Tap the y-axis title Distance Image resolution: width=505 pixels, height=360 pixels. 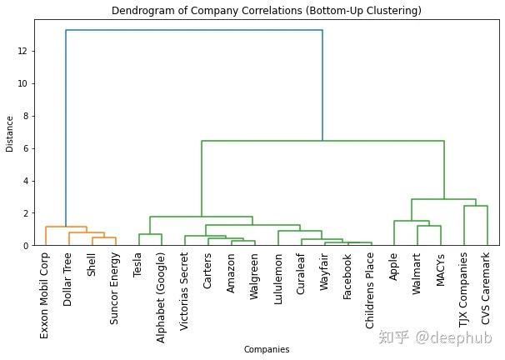[9, 133]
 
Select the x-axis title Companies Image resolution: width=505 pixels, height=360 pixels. [266, 350]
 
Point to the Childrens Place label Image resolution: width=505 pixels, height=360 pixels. [370, 291]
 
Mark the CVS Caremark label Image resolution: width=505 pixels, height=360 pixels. [487, 291]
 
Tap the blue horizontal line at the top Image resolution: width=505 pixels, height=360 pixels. [194, 31]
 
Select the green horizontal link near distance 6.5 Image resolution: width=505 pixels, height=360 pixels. [322, 141]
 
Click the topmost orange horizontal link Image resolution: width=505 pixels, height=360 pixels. [66, 227]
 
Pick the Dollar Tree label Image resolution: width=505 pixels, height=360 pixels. [68, 282]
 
